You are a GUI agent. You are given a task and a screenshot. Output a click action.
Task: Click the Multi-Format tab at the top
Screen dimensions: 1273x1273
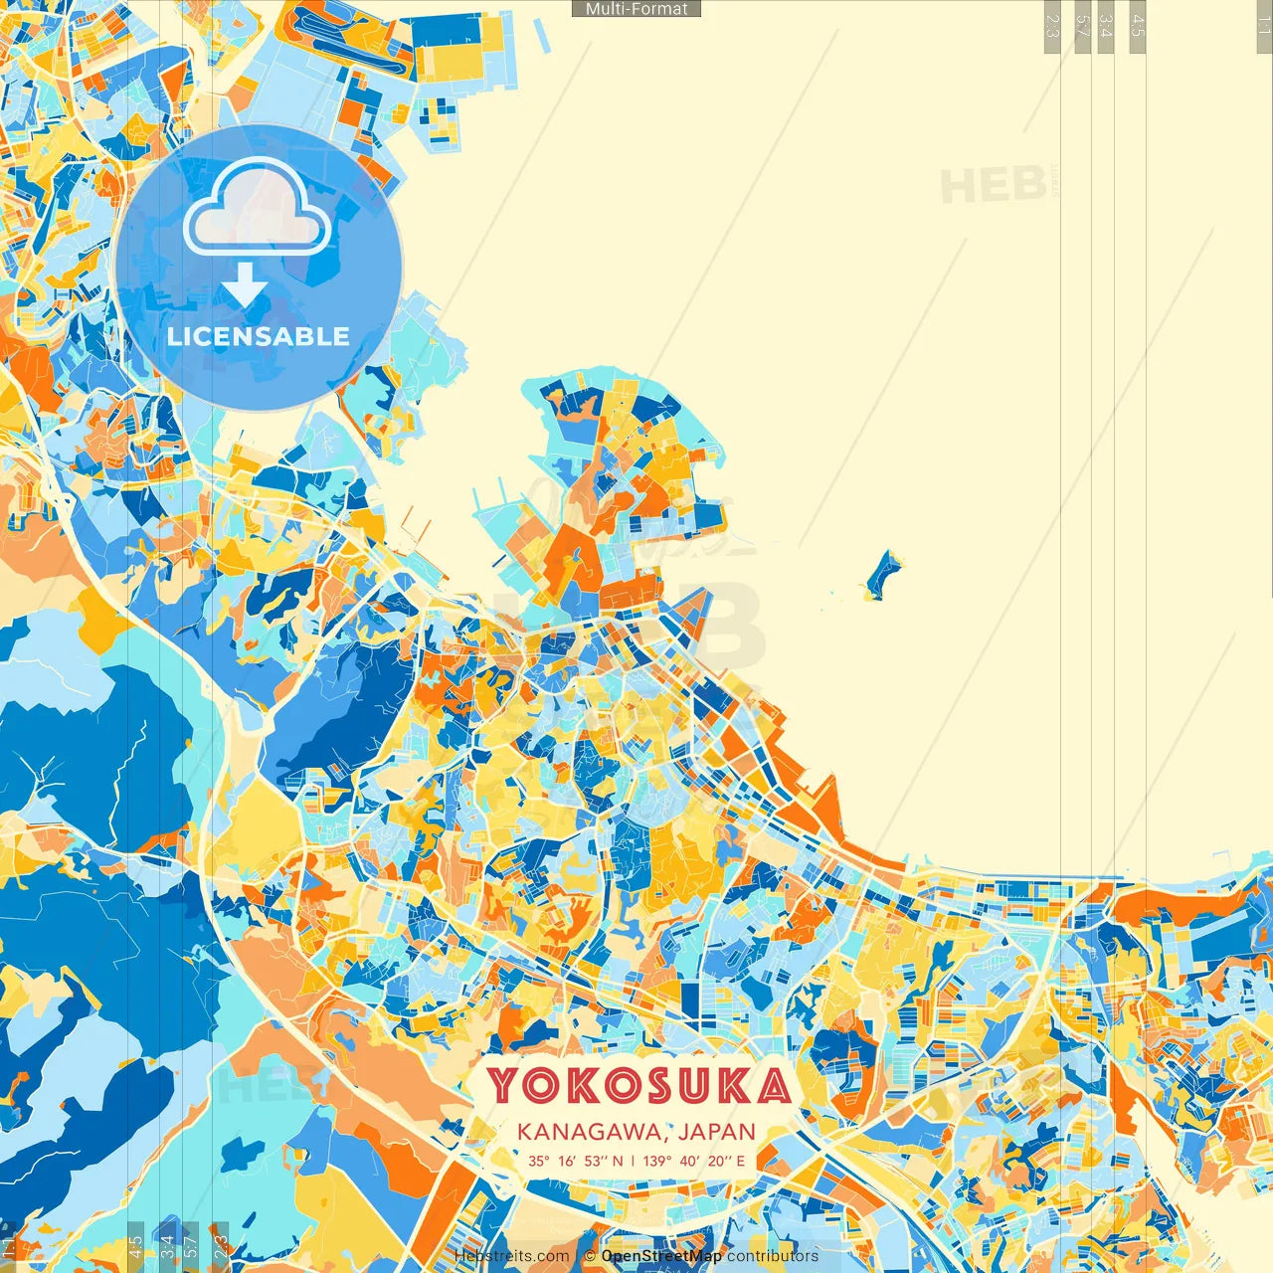point(636,9)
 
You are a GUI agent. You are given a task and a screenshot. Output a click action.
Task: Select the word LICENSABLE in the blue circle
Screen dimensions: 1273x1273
point(259,336)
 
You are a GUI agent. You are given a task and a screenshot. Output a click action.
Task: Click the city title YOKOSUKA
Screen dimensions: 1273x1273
point(638,1086)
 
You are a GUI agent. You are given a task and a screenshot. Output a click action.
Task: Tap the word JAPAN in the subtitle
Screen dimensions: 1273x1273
point(718,1132)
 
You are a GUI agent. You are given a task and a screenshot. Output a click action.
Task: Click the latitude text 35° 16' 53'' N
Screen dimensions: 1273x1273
point(576,1161)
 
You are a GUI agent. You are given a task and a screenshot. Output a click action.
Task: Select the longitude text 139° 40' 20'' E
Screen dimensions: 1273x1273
point(694,1161)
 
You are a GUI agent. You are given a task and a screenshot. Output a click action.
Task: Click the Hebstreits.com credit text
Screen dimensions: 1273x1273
point(512,1256)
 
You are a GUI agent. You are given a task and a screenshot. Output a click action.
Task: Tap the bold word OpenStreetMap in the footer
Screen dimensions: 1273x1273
point(661,1256)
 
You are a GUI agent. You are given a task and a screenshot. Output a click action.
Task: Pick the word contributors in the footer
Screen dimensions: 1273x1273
point(773,1256)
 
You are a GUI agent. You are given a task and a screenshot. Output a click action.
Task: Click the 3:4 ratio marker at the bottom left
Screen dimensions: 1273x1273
point(167,1246)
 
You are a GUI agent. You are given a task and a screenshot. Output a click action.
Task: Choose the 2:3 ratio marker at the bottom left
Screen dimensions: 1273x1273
point(221,1246)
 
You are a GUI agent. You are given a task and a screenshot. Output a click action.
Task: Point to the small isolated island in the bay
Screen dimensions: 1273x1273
point(882,575)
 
